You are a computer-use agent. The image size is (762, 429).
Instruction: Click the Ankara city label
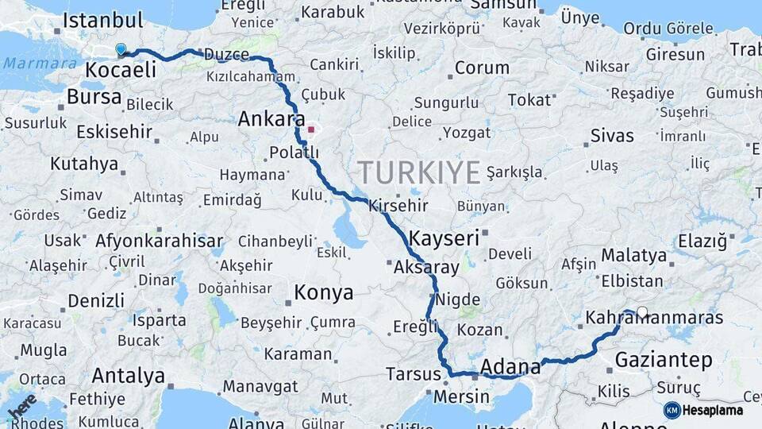(271, 119)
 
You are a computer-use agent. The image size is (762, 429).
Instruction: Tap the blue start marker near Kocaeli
(121, 50)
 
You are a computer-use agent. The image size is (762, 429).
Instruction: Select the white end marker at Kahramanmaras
(641, 312)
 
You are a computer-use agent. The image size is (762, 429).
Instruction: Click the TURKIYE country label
(418, 172)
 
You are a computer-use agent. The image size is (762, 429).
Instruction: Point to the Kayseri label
(444, 238)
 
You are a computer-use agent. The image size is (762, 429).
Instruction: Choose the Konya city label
(323, 292)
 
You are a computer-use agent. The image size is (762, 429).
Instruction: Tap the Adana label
(510, 367)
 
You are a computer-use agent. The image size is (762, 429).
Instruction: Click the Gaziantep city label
(664, 360)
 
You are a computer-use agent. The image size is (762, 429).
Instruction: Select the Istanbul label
(102, 21)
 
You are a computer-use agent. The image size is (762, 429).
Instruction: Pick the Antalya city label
(129, 375)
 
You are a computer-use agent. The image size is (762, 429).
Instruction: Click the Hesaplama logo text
(712, 410)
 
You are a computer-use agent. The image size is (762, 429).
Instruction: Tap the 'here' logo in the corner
(21, 405)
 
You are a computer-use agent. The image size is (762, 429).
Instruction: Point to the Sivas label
(612, 135)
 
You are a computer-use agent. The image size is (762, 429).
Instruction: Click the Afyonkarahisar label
(159, 240)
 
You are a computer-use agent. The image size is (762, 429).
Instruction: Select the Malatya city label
(633, 256)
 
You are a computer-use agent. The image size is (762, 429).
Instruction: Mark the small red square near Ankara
(311, 129)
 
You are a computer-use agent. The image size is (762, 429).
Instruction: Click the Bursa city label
(94, 97)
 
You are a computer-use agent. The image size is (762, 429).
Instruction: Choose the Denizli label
(95, 301)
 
